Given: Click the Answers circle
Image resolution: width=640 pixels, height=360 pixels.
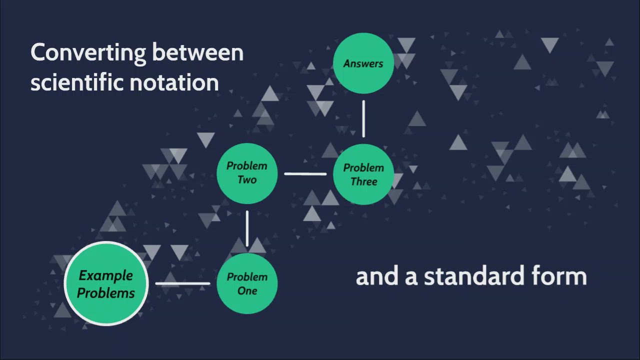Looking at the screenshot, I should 363,63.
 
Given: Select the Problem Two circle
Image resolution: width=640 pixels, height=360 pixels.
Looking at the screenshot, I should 247,173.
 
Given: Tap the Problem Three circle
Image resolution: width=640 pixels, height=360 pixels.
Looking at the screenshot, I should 363,174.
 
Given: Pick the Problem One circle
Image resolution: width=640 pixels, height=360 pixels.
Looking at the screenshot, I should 247,283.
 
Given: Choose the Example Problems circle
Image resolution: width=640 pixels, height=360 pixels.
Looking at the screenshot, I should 106,283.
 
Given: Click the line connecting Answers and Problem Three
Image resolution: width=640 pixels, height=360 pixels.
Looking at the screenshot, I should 363,118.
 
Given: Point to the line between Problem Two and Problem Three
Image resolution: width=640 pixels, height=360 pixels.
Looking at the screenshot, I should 305,174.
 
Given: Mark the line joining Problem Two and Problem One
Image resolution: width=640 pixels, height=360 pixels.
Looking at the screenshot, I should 247,228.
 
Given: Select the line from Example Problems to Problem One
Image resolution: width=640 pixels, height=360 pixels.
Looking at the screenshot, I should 182,283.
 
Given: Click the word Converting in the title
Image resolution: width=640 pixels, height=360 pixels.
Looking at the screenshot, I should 87,53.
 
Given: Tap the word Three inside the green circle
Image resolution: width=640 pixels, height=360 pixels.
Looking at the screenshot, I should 363,181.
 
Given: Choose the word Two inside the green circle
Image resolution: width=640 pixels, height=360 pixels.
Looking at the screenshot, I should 247,180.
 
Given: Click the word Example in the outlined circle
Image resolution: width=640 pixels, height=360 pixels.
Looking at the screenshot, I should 106,275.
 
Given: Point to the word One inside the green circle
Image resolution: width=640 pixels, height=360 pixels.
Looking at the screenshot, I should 247,291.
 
